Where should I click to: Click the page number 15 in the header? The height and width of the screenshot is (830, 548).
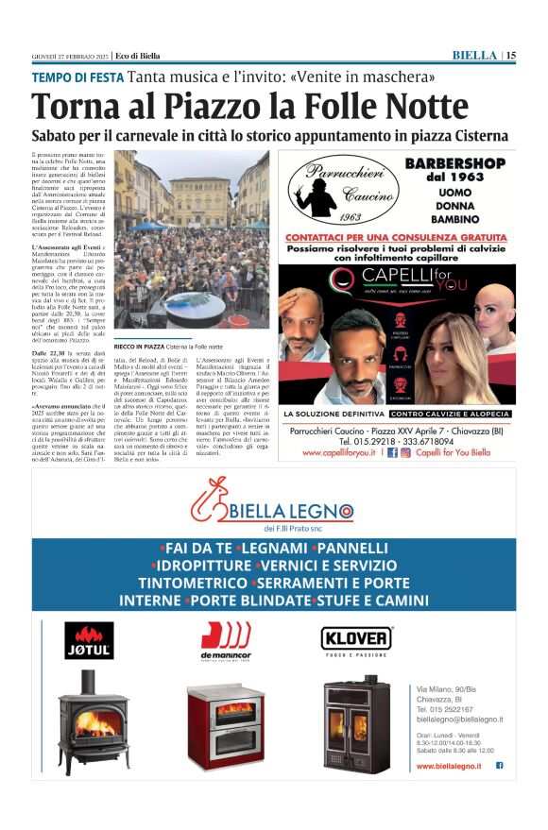coord(511,56)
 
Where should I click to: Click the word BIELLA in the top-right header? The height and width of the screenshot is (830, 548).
coord(474,56)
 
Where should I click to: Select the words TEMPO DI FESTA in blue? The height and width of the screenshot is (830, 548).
coord(77,76)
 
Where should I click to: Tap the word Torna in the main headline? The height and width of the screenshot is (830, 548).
coord(77,106)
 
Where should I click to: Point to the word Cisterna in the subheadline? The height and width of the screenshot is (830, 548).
coord(477,136)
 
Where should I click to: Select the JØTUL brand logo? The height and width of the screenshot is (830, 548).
coord(88,642)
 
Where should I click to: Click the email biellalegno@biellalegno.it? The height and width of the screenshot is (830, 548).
coord(459,720)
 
